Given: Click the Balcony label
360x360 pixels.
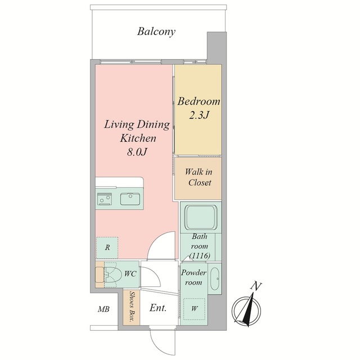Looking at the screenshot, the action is point(156,31).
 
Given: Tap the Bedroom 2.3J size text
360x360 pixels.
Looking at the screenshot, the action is point(199,115).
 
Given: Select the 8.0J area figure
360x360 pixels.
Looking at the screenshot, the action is point(137,152).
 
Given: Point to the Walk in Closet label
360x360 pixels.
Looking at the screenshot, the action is point(199,177).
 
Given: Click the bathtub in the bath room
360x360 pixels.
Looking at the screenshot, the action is point(201,217).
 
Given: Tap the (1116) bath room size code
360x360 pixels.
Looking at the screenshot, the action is point(200,255).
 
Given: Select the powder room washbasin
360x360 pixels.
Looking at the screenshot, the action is point(215,278).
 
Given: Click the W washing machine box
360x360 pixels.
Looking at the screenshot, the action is point(194,309).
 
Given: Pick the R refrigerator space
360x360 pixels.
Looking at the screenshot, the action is point(107,247).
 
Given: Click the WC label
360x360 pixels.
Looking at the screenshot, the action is point(130,274).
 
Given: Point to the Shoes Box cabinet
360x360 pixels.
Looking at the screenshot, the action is point(131,308).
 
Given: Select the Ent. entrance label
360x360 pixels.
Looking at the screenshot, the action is point(158,308).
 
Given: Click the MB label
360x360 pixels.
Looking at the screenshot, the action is point(103,309).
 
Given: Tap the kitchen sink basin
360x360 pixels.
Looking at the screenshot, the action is point(130,199).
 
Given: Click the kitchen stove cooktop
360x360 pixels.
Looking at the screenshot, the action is point(105,199).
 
